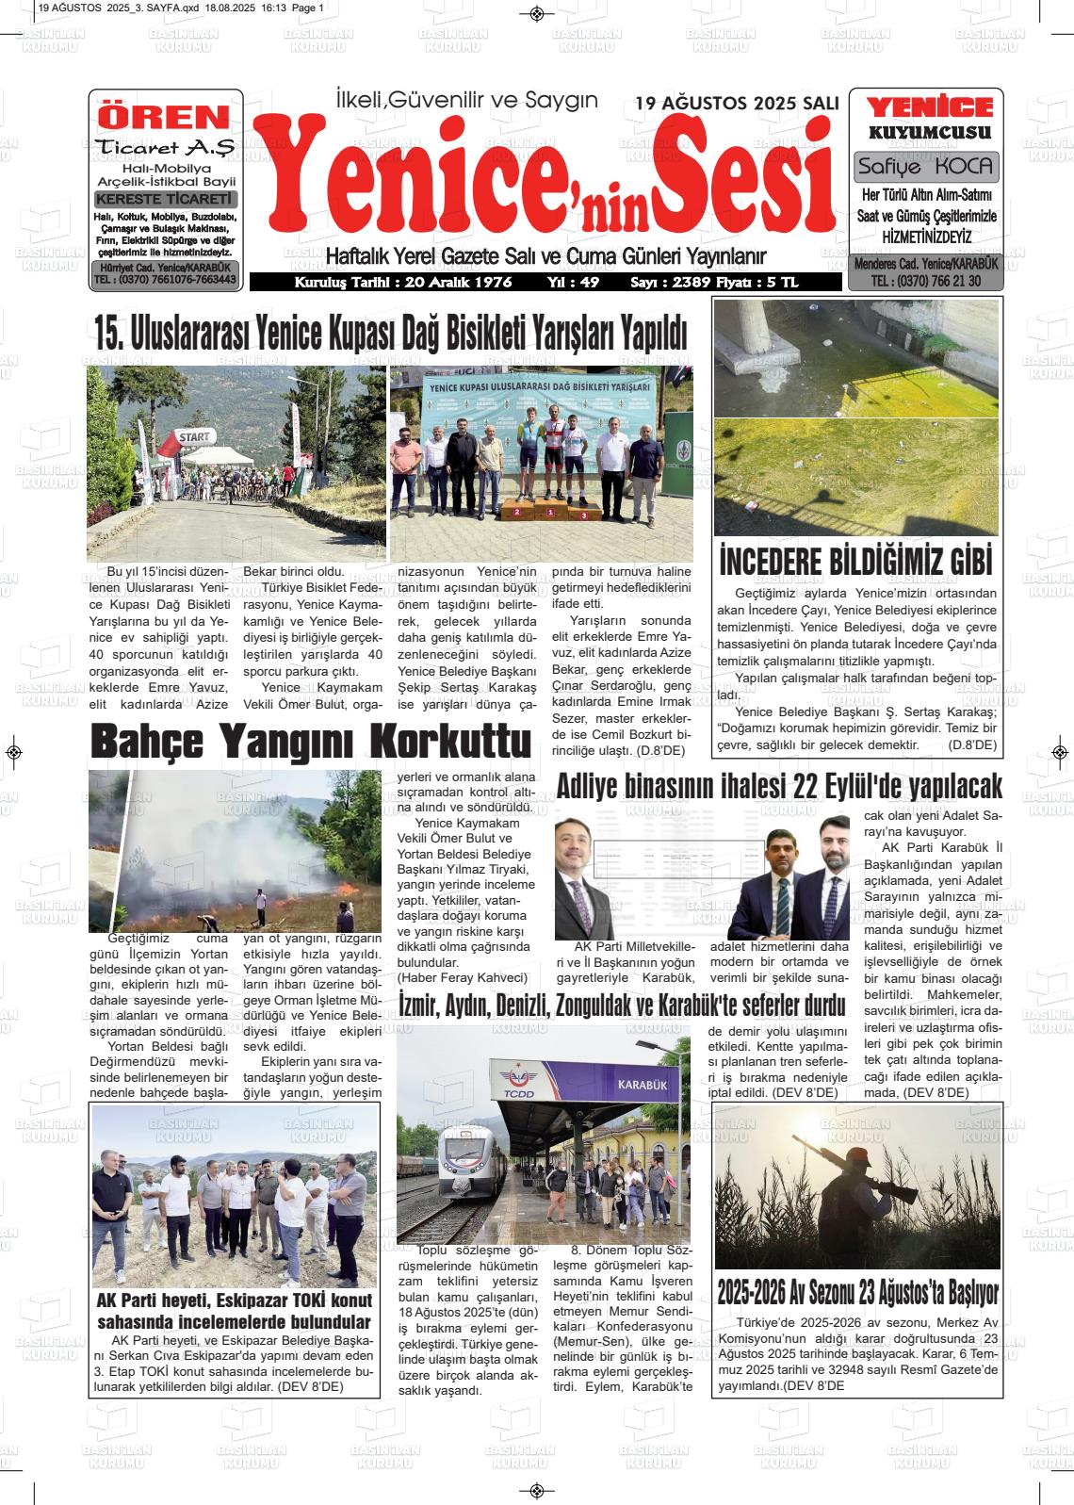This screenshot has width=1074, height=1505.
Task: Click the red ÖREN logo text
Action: coord(164,117)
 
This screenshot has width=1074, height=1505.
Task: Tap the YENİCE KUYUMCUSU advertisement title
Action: coord(929,119)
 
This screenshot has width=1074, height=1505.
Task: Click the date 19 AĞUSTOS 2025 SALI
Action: coord(737,103)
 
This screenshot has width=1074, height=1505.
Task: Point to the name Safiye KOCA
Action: coord(926,167)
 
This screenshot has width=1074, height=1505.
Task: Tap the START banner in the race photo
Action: coord(194,436)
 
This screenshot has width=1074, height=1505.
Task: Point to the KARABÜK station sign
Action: coord(642,1085)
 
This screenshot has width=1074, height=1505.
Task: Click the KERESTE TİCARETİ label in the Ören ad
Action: coord(165,200)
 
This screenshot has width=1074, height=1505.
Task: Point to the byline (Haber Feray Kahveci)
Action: coord(463,977)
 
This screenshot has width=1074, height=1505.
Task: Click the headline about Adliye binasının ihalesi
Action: coord(779,786)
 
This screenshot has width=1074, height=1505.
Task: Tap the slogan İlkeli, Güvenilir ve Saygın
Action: coord(466,100)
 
